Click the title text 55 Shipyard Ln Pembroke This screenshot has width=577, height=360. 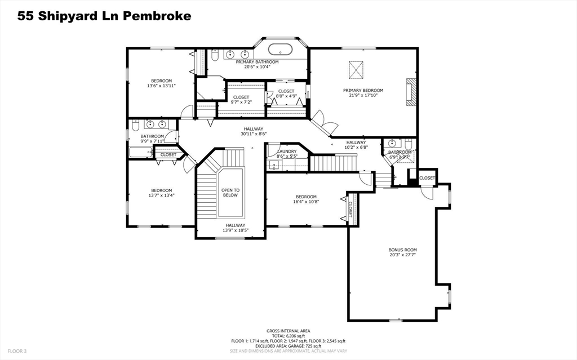pos(104,16)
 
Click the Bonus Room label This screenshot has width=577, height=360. pos(402,250)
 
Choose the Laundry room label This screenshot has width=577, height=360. pos(287,152)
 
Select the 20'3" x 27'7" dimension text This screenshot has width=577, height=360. pos(402,255)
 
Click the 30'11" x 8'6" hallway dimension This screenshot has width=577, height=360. pos(254,134)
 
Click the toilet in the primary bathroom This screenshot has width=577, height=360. pos(215,55)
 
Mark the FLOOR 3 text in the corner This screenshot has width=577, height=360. pos(17,351)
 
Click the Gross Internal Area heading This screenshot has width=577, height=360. pos(288,331)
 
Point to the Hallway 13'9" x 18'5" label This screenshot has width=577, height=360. pos(230,228)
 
